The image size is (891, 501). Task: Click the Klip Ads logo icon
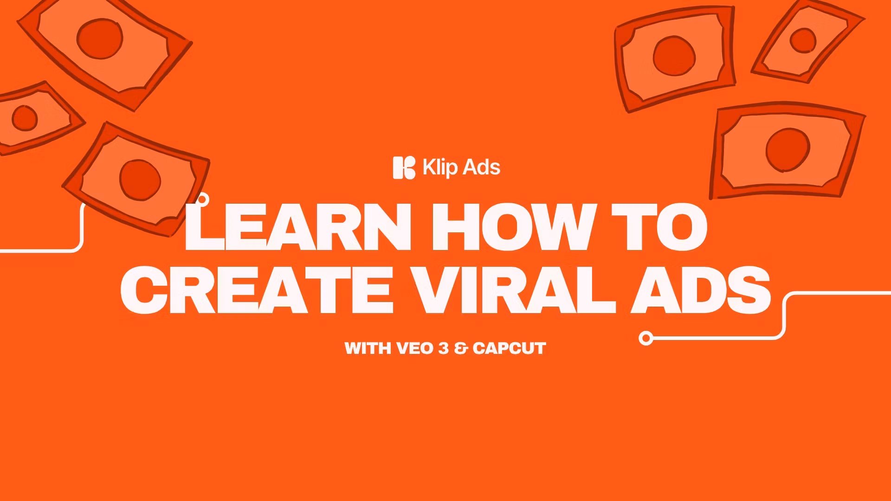(404, 167)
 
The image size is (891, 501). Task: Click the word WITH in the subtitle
(368, 348)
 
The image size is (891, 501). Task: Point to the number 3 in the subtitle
(444, 348)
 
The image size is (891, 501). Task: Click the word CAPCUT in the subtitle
(509, 348)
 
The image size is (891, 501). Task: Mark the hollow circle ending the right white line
(646, 338)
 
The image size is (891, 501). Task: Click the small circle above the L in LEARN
(203, 200)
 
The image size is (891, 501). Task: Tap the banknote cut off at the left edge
(32, 118)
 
